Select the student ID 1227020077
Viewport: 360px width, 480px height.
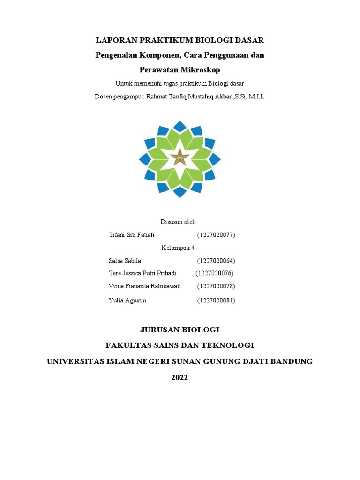point(216,235)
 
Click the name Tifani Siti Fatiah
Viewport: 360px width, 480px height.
point(131,235)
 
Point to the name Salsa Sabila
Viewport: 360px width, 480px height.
point(125,261)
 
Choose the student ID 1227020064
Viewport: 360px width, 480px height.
point(216,261)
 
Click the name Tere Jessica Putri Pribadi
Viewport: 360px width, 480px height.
point(142,273)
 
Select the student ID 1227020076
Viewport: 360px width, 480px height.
point(214,273)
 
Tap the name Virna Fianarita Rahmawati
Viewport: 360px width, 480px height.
point(144,286)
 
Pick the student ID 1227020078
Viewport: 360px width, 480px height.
point(216,286)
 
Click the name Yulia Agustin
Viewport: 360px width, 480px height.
point(127,300)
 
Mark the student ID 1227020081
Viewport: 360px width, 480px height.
point(216,300)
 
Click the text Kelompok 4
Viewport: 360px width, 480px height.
point(180,247)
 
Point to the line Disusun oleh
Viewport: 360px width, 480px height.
point(180,222)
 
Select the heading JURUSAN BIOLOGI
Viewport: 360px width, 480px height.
point(180,330)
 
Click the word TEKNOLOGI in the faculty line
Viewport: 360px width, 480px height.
point(228,345)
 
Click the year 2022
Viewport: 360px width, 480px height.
point(180,377)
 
